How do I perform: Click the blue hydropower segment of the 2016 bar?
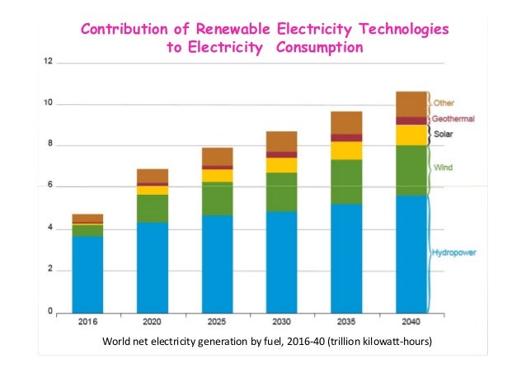click(87, 273)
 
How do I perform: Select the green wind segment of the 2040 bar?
click(411, 170)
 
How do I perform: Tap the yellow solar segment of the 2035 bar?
click(347, 150)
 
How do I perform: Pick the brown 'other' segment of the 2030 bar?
click(282, 141)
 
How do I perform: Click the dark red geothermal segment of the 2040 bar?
click(411, 120)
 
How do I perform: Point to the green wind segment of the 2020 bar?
click(153, 208)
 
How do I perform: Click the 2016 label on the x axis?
click(87, 323)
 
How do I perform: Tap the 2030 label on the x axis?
click(282, 323)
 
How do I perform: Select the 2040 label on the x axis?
click(411, 323)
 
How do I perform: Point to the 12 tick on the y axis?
click(49, 61)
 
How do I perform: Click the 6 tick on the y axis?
click(51, 186)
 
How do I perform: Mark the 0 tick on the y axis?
click(51, 311)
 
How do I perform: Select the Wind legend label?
click(442, 168)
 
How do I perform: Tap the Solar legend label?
click(444, 131)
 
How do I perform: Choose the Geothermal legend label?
click(453, 119)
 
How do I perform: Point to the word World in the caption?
click(118, 341)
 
